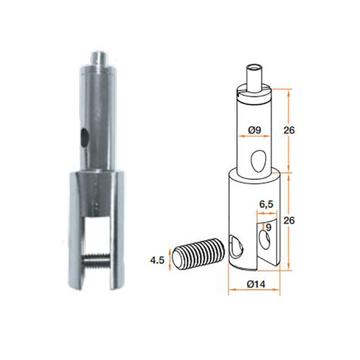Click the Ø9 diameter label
[255, 130]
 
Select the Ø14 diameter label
[256, 284]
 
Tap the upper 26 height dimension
[289, 130]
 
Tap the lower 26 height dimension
[289, 220]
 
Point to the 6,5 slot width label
[266, 204]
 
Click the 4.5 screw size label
[157, 261]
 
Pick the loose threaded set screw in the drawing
[198, 254]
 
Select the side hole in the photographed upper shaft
[84, 138]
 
